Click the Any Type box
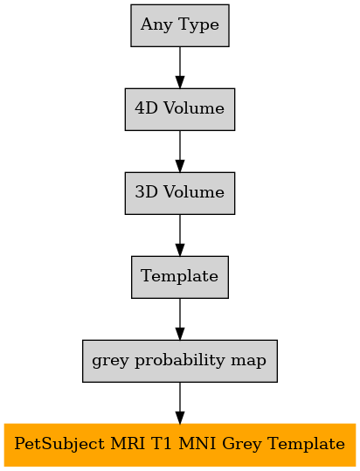(x=180, y=25)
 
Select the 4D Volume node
(x=180, y=109)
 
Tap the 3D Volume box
(x=180, y=193)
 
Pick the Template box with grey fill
(x=180, y=277)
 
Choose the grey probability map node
(x=180, y=361)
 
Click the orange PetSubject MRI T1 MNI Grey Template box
(x=180, y=445)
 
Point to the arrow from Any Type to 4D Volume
(x=180, y=67)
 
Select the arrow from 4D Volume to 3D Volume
(x=180, y=151)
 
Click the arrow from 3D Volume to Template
(x=180, y=235)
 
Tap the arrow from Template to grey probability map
(x=180, y=319)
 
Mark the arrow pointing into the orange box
(x=180, y=403)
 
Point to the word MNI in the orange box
(x=197, y=443)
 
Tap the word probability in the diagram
(x=179, y=361)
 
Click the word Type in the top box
(x=198, y=25)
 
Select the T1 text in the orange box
(x=161, y=443)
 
